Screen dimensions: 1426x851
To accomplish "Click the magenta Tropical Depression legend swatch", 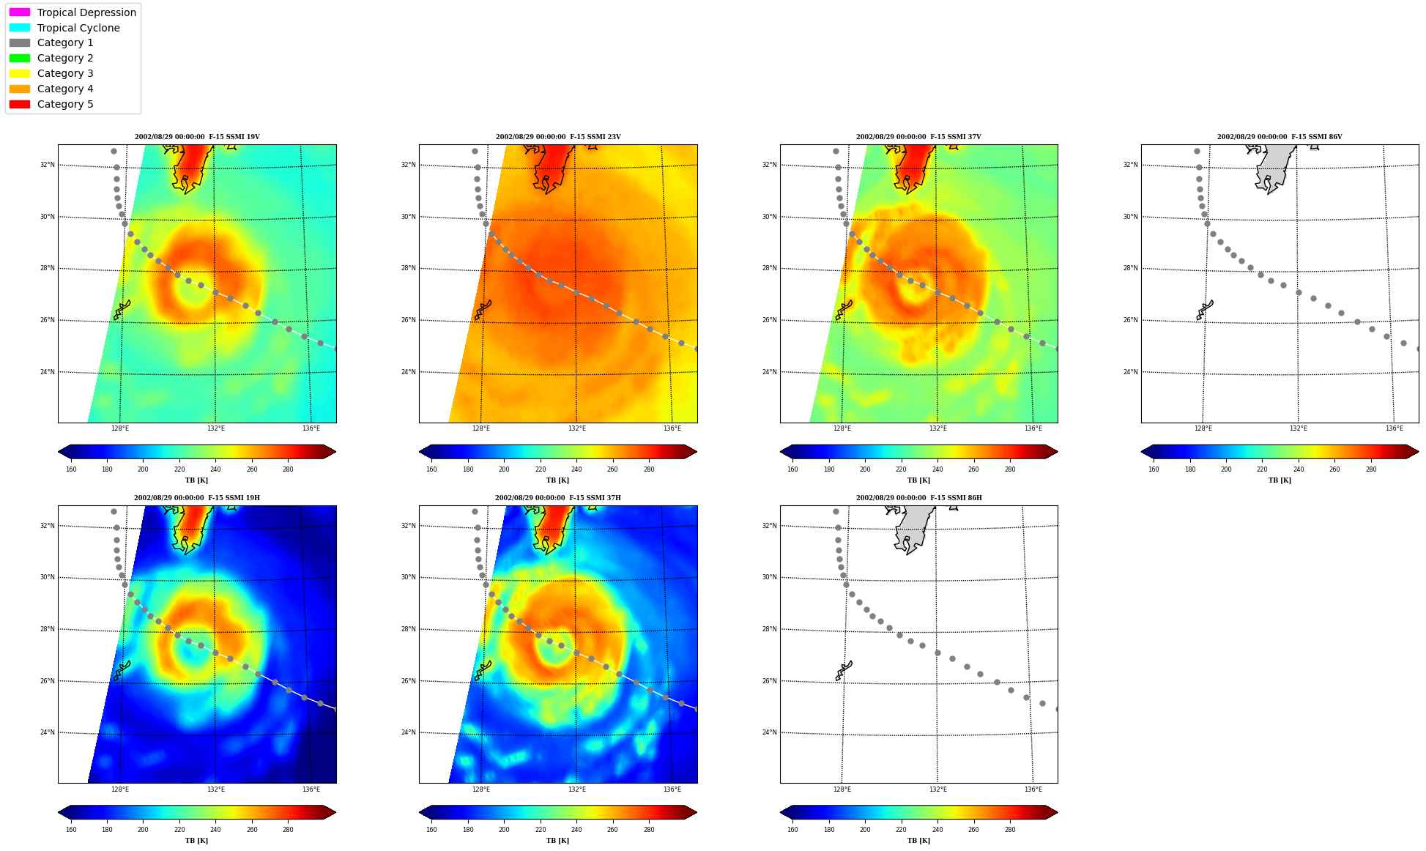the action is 20,12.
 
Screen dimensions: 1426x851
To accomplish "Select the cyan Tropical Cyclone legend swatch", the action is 20,28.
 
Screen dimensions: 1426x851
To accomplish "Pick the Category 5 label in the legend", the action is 65,104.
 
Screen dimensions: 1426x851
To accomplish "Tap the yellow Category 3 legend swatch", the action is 20,73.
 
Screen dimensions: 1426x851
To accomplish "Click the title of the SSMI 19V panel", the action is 197,137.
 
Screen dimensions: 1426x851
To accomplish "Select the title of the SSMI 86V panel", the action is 1280,137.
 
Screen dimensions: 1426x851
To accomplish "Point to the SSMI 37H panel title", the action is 558,498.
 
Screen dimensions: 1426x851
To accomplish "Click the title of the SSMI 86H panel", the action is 919,498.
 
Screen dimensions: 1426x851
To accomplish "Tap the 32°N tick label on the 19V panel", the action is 48,165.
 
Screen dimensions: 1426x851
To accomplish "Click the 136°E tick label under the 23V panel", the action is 672,428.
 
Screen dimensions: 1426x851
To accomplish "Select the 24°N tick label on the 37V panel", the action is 770,372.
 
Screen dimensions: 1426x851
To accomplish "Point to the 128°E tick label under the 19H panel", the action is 120,789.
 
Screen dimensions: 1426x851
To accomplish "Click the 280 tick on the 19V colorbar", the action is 288,469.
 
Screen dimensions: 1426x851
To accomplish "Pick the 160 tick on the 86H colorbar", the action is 792,830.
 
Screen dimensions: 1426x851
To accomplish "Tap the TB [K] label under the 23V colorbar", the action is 557,480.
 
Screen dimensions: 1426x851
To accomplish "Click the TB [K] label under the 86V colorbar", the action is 1280,480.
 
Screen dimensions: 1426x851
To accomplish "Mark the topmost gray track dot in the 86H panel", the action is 836,511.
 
